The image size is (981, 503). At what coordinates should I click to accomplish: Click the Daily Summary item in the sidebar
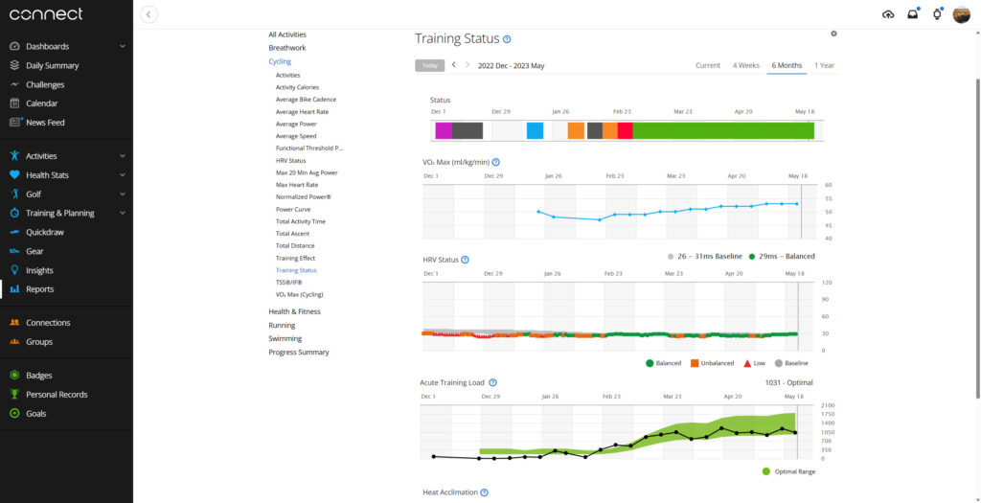(52, 65)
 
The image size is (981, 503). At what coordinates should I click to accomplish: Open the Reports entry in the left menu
(39, 289)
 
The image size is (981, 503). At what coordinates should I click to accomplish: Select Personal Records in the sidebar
(57, 395)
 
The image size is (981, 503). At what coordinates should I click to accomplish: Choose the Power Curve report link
(293, 209)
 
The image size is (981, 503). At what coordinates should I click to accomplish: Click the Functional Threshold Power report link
(308, 149)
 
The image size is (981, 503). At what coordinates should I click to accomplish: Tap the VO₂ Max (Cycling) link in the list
(299, 294)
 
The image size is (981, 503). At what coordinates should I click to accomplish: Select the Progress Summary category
(298, 353)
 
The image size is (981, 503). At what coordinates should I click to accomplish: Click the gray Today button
(429, 66)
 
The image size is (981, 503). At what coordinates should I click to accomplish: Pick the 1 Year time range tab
(824, 65)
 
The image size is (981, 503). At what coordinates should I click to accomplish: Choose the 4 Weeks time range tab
(745, 65)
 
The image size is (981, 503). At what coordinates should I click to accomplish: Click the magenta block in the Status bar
(443, 130)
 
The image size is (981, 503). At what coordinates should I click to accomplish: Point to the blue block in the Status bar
(535, 130)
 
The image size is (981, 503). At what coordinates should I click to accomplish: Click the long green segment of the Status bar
(723, 130)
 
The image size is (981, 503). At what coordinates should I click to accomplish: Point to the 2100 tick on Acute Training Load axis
(828, 405)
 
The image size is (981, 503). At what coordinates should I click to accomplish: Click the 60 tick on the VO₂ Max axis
(828, 185)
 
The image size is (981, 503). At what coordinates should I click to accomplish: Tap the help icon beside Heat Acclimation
(484, 492)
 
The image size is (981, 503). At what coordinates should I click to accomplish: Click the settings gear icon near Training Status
(833, 34)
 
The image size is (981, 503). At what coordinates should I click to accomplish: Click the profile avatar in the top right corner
(961, 14)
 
